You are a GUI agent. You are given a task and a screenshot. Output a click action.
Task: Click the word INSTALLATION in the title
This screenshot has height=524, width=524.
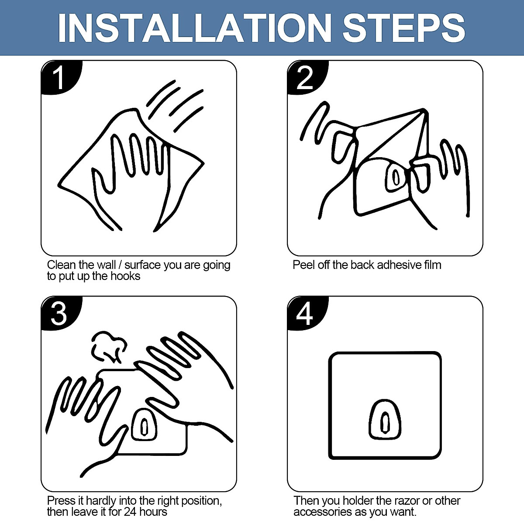click(x=195, y=28)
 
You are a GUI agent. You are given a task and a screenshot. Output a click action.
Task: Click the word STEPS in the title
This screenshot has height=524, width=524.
click(x=403, y=28)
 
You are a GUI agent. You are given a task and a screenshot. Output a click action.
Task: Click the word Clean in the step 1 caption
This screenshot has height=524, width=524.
click(x=62, y=265)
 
